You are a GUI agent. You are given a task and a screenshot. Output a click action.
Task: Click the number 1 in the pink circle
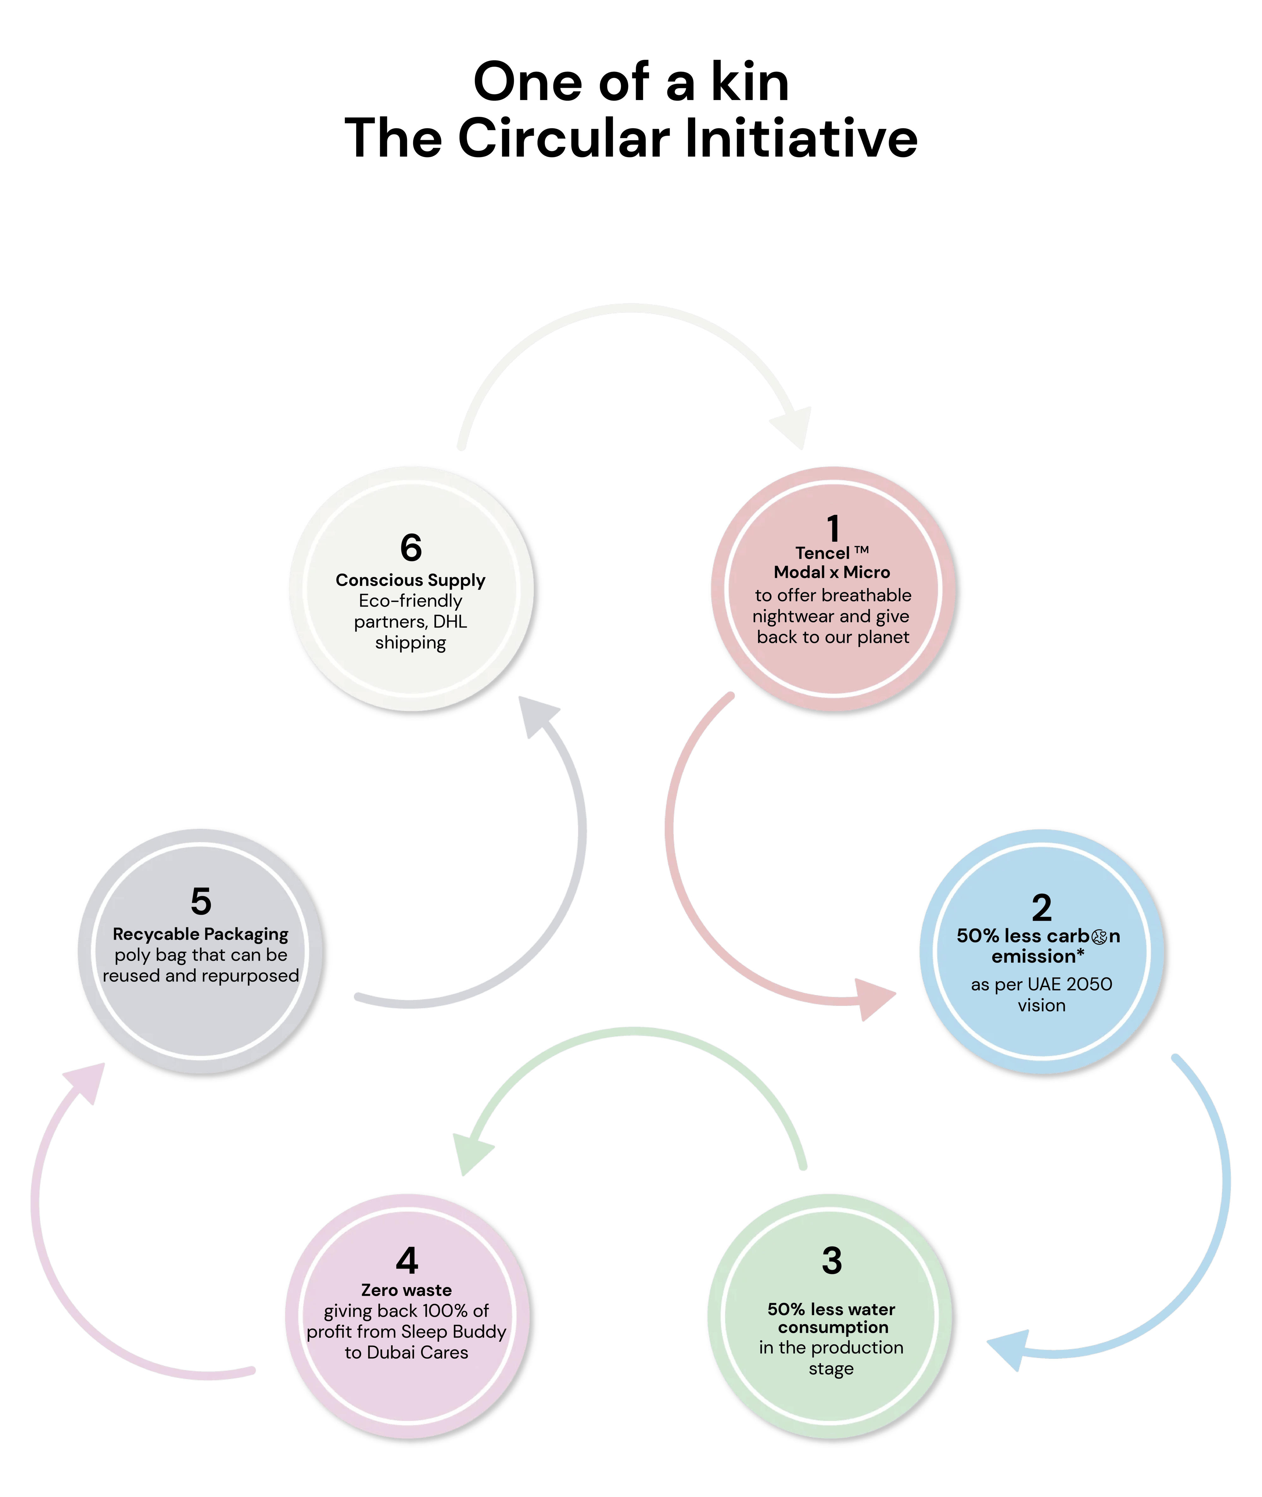point(833,529)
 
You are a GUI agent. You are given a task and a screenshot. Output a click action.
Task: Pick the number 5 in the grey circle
point(201,901)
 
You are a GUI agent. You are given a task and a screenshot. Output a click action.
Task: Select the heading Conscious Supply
point(411,580)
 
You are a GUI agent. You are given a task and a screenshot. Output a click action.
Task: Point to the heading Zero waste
point(406,1290)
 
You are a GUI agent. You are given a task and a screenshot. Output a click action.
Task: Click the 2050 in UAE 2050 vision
point(1089,985)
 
